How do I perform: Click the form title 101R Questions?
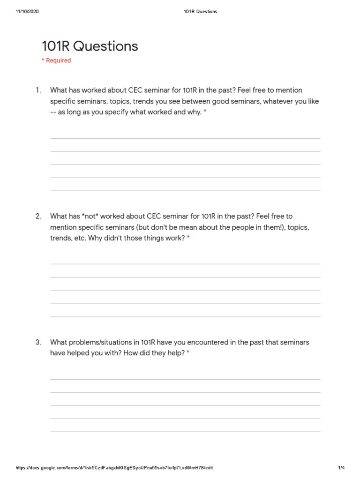click(90, 46)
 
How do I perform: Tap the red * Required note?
click(56, 60)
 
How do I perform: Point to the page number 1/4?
click(341, 468)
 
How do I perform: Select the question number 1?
click(38, 90)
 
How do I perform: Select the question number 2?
click(38, 216)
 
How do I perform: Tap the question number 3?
click(38, 342)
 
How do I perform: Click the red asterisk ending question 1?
click(205, 112)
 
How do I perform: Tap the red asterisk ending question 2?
click(188, 239)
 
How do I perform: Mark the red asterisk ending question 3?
click(188, 353)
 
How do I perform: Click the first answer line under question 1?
click(185, 138)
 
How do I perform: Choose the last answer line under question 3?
click(185, 431)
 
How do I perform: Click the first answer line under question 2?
click(185, 264)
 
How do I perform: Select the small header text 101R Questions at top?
click(200, 12)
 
